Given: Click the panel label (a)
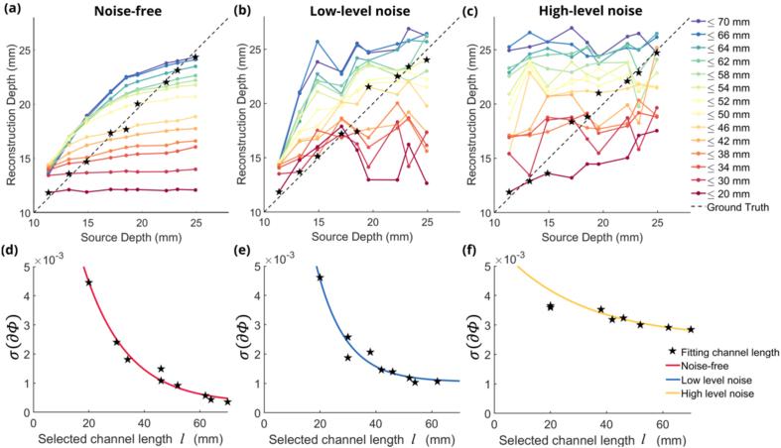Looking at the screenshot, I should pyautogui.click(x=19, y=12).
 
